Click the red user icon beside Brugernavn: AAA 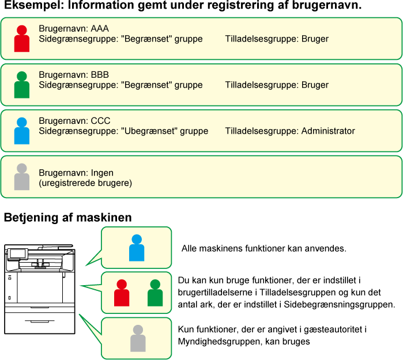click(22, 39)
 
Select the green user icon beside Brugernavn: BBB click(22, 85)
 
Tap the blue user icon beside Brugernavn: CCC click(22, 131)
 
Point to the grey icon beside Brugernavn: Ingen click(22, 177)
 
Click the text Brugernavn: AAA click(74, 28)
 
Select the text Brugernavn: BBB click(74, 75)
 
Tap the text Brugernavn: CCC click(74, 121)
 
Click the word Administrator click(328, 131)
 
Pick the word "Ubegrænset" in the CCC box click(149, 131)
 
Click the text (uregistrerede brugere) click(85, 183)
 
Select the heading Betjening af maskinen click(68, 218)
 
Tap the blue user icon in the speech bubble click(137, 248)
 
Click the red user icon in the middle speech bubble click(122, 293)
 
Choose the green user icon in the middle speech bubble click(155, 293)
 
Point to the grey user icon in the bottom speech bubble click(138, 338)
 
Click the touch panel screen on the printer click(18, 253)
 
